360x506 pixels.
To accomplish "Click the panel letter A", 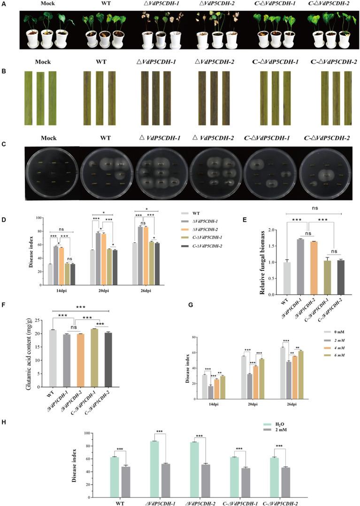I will pos(4,3).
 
